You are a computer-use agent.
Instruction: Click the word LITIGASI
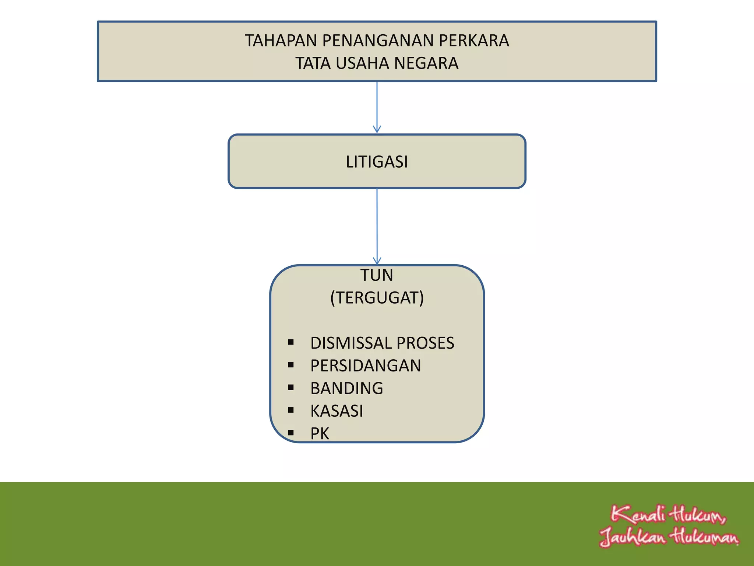(x=377, y=162)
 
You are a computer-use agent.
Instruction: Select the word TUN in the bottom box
(x=377, y=275)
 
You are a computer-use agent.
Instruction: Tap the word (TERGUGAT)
(x=377, y=298)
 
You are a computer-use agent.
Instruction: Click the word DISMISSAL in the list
(x=349, y=343)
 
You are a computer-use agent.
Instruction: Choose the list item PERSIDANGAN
(x=366, y=366)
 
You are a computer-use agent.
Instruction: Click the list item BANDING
(x=347, y=388)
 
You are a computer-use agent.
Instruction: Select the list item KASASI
(x=337, y=411)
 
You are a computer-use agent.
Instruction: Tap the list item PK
(x=320, y=434)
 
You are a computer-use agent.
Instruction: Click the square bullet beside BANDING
(x=291, y=388)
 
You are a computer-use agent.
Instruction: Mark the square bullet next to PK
(x=291, y=433)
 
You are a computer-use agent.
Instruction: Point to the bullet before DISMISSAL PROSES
(x=291, y=342)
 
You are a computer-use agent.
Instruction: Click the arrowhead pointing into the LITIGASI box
(x=377, y=129)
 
